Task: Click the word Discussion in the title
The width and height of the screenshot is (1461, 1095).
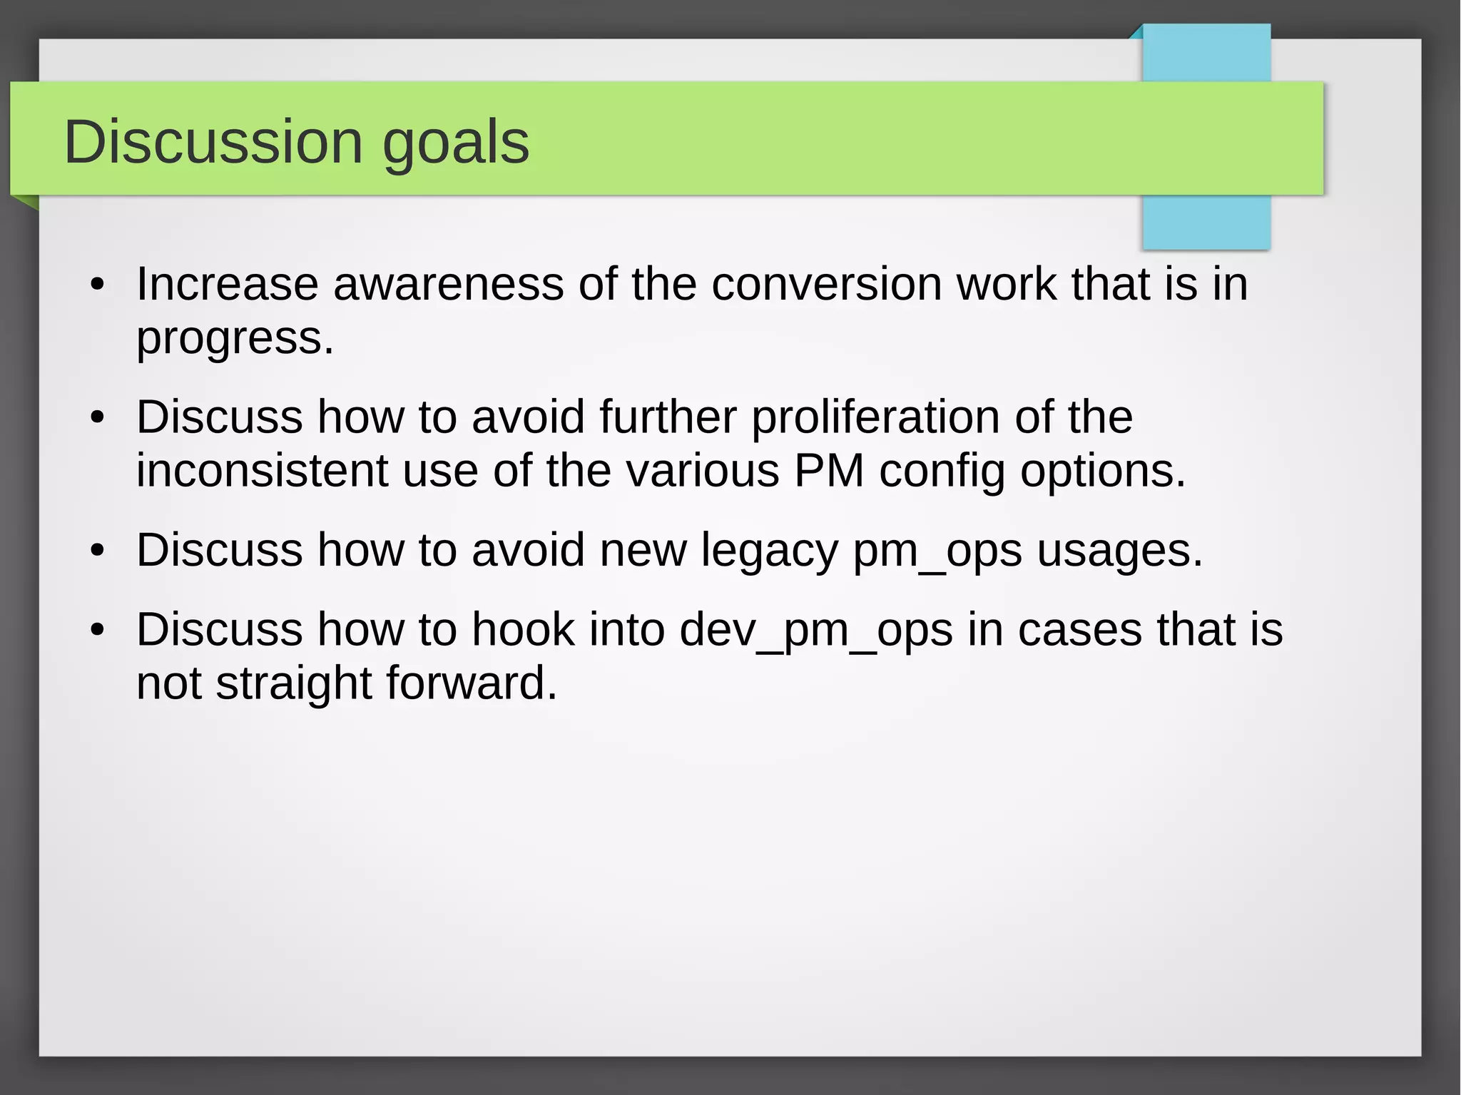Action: (x=213, y=142)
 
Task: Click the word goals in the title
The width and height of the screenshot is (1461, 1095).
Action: (x=456, y=143)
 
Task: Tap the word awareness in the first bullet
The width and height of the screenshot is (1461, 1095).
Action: (x=448, y=284)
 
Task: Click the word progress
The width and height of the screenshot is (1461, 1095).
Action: (x=234, y=339)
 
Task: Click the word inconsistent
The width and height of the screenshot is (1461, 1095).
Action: (x=261, y=471)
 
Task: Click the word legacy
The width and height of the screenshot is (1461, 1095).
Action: (x=769, y=551)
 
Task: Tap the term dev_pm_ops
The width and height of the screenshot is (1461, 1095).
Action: (x=815, y=631)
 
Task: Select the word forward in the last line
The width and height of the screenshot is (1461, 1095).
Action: (x=471, y=683)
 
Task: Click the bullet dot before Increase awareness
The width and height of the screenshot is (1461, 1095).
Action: (x=98, y=285)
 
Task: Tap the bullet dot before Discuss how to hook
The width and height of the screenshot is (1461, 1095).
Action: (x=98, y=631)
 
